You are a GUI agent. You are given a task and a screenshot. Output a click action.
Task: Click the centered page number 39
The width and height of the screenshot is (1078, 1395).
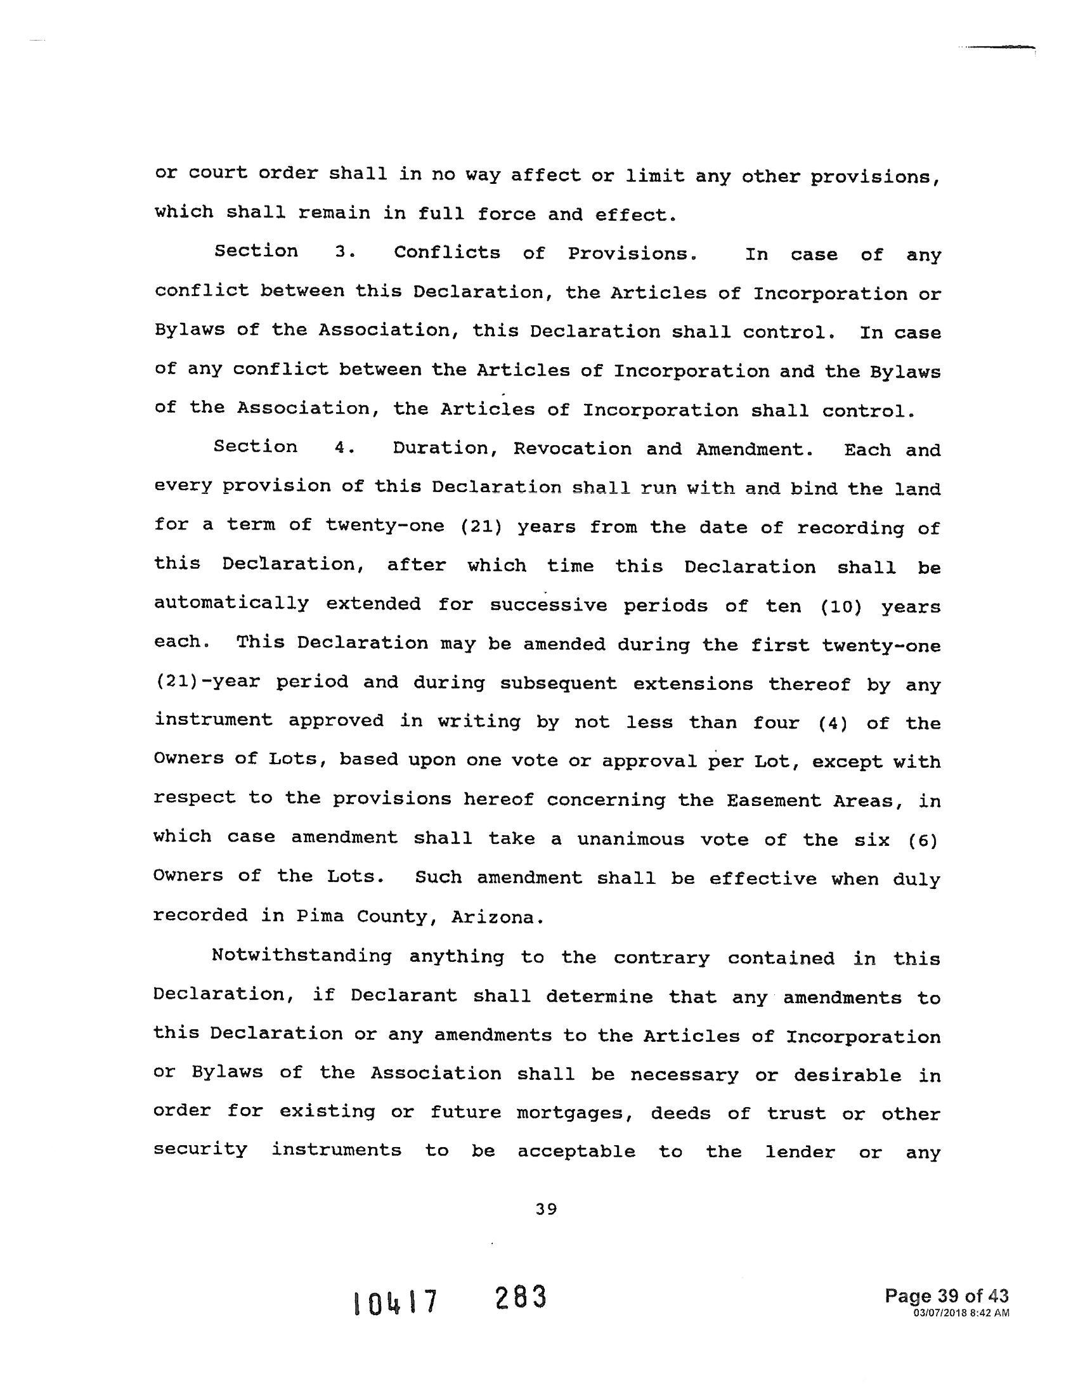point(547,1209)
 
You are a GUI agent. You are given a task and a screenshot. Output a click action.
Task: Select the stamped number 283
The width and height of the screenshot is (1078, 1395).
point(521,1298)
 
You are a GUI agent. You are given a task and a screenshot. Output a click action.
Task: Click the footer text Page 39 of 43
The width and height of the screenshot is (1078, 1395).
point(947,1296)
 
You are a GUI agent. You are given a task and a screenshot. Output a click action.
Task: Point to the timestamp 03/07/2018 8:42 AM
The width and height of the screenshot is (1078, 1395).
point(961,1313)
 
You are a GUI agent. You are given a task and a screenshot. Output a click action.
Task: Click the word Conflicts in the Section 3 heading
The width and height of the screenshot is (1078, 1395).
point(447,253)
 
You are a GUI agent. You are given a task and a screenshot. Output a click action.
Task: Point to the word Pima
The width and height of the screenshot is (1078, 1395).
point(318,917)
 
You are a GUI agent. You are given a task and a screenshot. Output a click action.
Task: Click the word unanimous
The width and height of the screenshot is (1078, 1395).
point(631,840)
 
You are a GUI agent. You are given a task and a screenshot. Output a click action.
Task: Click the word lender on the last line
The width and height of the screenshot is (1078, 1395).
point(800,1152)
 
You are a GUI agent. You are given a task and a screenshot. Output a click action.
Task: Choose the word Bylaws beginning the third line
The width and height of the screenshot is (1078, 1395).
point(190,330)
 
